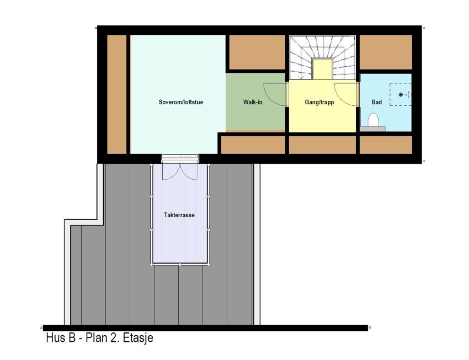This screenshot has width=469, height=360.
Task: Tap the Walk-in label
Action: (x=253, y=103)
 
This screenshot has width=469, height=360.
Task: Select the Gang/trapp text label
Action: (x=319, y=103)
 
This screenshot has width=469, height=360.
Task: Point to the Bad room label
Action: (x=377, y=103)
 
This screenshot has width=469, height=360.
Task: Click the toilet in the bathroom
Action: (x=373, y=121)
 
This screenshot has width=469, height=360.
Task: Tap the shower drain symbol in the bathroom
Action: (x=401, y=95)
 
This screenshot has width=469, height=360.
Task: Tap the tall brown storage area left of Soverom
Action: (x=116, y=94)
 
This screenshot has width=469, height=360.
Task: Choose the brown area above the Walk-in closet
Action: (x=257, y=52)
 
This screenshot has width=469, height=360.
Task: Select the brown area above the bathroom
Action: (x=386, y=52)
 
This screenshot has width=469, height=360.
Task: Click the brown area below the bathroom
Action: (x=386, y=144)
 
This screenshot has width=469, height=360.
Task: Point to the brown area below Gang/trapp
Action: (x=322, y=144)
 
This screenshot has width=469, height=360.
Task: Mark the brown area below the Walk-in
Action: (x=253, y=144)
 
